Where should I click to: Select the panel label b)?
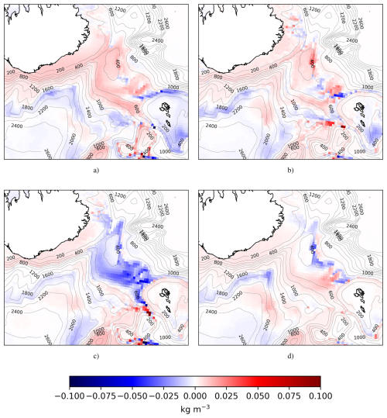pos(289,169)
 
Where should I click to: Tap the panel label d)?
pos(289,355)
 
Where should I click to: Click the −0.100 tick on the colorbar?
pos(70,394)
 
